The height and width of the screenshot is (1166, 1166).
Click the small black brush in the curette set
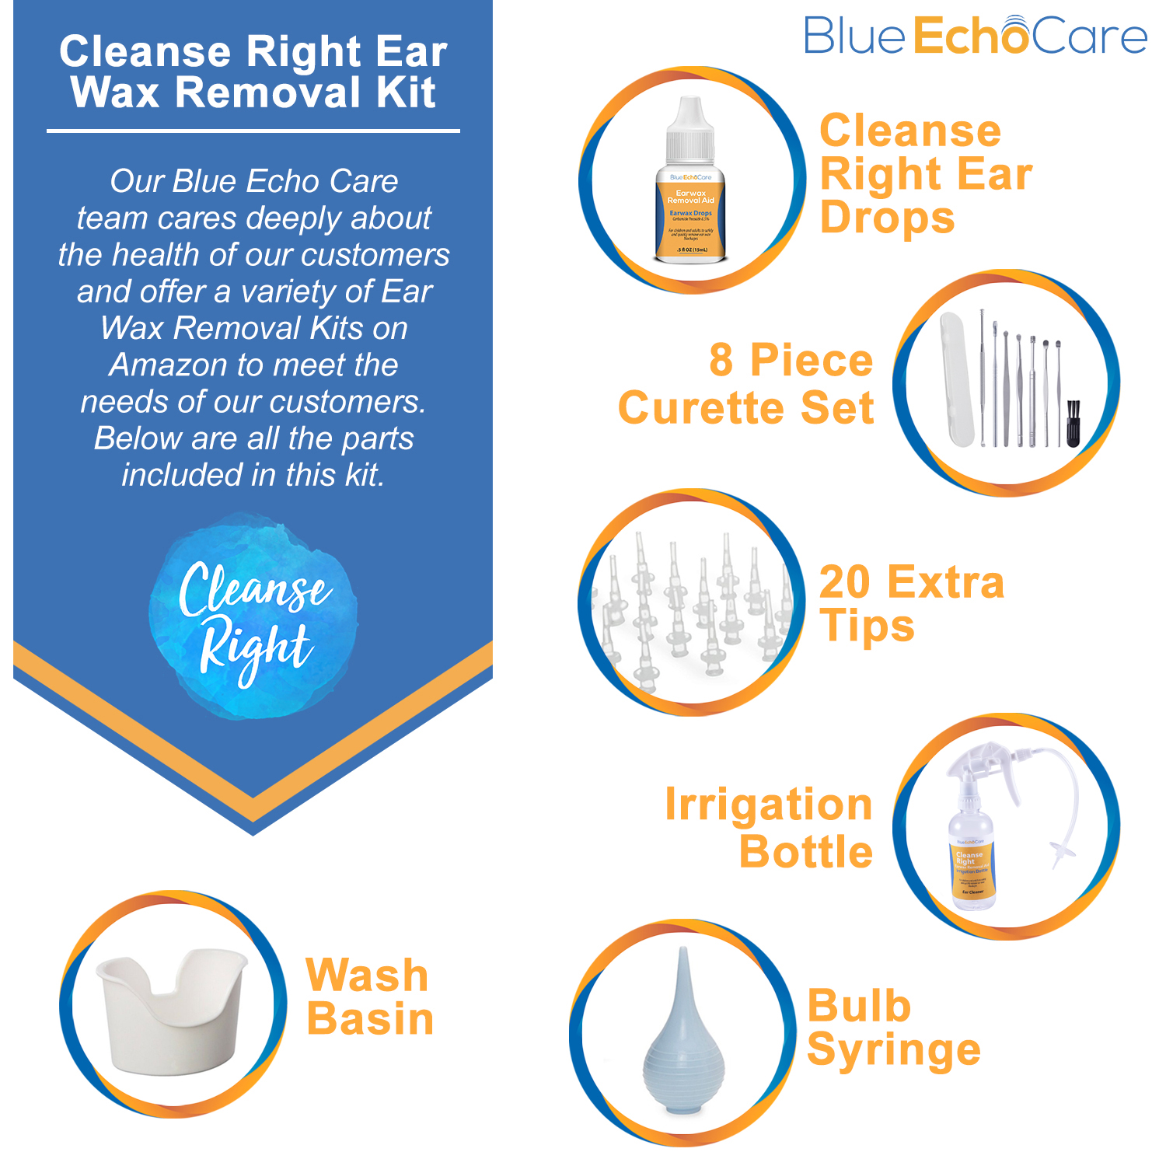click(1073, 424)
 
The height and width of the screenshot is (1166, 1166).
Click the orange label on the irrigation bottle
click(972, 871)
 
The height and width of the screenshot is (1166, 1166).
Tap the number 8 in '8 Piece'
click(721, 361)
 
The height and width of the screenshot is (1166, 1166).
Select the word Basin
click(370, 1019)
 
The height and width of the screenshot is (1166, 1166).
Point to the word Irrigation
click(768, 805)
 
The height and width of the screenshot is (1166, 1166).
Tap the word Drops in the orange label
click(887, 217)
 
